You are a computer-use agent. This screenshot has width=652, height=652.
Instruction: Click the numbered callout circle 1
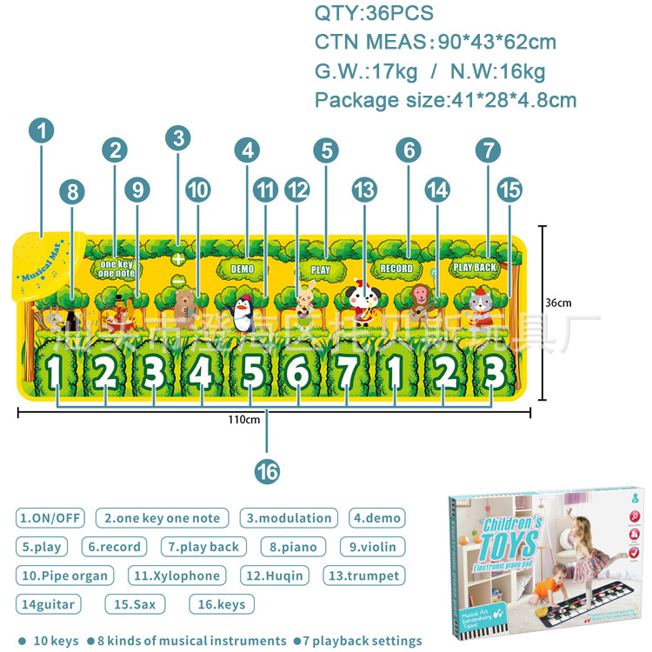[41, 131]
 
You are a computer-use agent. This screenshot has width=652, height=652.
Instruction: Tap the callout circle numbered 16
[267, 470]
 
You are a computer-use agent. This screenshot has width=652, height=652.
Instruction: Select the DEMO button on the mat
[243, 269]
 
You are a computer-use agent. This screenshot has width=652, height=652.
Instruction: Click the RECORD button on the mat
[396, 269]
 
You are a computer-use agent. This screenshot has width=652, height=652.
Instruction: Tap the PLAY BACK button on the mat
[475, 267]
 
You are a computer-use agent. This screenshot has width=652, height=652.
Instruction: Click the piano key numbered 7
[347, 372]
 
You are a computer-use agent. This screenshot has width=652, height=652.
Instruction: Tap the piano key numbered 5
[252, 372]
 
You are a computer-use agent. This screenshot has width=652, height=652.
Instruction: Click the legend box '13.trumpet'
[363, 575]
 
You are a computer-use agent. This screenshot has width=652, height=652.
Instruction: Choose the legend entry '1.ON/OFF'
[50, 518]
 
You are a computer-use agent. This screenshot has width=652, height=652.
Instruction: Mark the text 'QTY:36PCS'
[373, 13]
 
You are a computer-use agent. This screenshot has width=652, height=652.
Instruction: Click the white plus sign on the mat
[178, 258]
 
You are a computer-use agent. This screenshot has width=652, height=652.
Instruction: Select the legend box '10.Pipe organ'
[64, 575]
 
